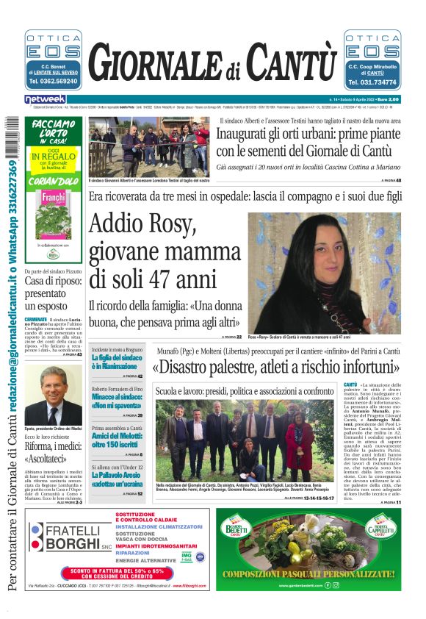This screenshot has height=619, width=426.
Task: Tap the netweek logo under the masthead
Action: [x=45, y=99]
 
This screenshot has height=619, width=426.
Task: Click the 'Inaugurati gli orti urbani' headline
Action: [x=308, y=143]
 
